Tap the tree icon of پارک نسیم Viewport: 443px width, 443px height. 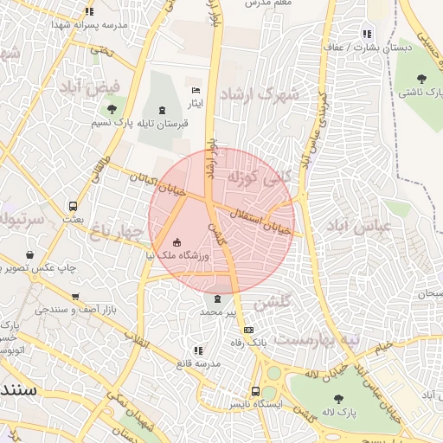[112, 109]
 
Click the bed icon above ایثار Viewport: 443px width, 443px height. [196, 90]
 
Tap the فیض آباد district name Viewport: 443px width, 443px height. [90, 87]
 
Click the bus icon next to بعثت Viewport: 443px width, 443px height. [73, 207]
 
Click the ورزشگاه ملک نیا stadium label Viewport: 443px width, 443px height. [177, 256]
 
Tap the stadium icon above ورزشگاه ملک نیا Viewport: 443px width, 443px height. [178, 242]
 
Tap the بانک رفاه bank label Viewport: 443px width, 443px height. [249, 343]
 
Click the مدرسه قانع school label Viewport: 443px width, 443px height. [198, 364]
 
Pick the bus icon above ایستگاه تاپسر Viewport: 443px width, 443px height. [255, 390]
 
